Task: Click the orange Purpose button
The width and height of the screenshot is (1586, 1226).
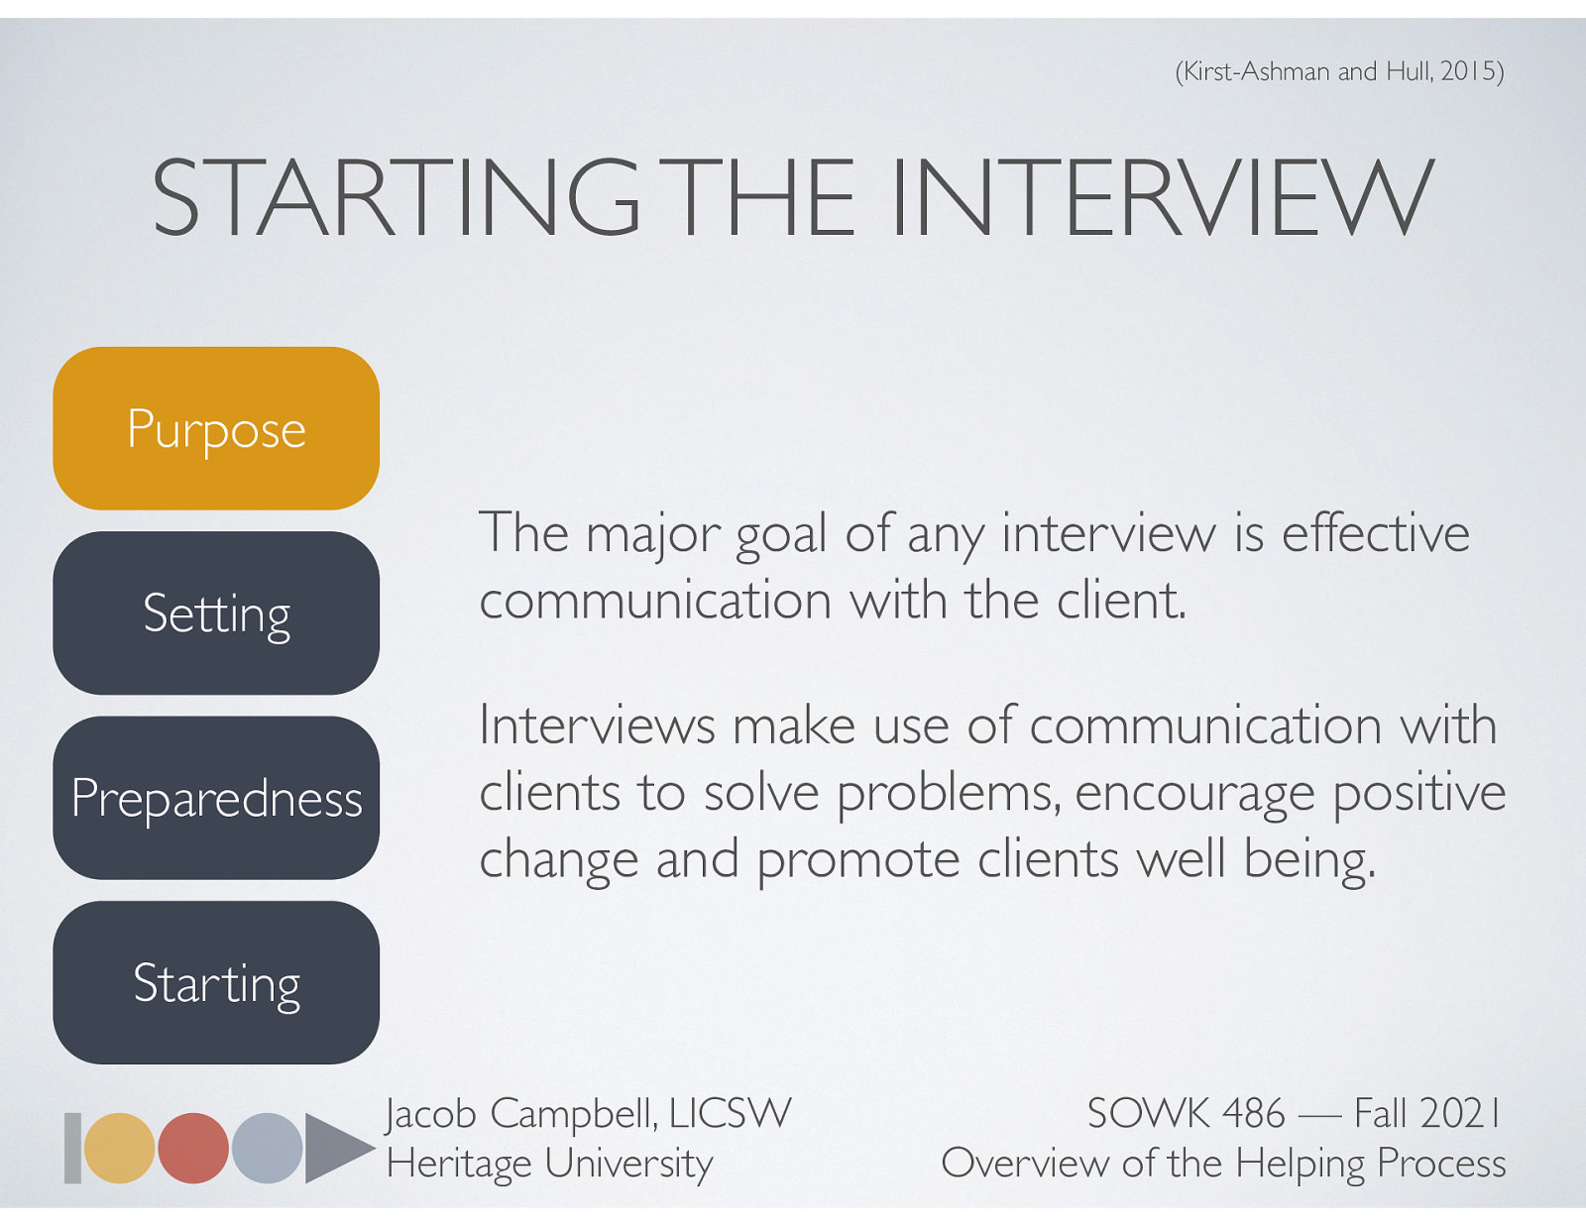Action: pos(216,428)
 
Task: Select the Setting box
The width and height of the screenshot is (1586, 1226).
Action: pos(216,613)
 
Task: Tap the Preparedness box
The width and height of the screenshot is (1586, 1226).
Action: pos(216,798)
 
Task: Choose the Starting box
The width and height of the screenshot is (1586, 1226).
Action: pos(216,982)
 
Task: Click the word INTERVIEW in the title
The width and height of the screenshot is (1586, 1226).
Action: pos(1162,198)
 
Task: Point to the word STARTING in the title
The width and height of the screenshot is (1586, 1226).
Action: pos(396,198)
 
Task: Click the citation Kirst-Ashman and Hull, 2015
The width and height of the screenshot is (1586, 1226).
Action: pos(1339,71)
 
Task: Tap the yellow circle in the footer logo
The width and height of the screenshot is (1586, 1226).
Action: pos(119,1148)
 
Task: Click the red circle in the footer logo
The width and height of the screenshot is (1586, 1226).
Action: pos(193,1148)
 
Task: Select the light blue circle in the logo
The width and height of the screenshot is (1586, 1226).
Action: pos(268,1148)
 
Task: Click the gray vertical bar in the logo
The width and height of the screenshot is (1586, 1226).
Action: pos(72,1148)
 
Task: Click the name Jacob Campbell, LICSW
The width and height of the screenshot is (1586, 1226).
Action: pos(588,1113)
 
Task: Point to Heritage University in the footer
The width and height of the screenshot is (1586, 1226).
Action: pos(549,1164)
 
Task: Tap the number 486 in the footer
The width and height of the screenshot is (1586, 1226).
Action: pos(1253,1113)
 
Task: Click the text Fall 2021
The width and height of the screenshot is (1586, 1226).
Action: pos(1427,1113)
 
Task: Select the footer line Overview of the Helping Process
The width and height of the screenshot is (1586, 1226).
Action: pos(1223,1164)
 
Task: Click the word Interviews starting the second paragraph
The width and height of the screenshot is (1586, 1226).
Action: pos(597,725)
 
